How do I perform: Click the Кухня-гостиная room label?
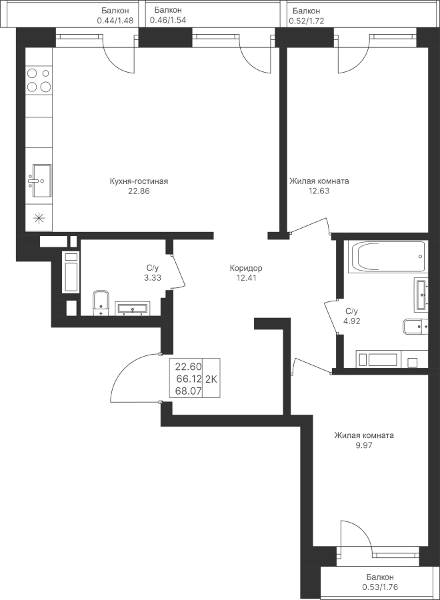[139, 181]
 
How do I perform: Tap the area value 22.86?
[139, 191]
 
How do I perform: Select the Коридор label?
[246, 268]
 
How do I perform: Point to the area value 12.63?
[319, 191]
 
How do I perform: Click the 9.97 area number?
[364, 445]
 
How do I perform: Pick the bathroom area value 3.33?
[153, 278]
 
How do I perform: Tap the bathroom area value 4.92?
[352, 321]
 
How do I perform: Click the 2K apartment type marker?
[211, 379]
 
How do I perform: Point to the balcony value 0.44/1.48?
[115, 21]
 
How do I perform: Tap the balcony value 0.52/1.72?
[306, 21]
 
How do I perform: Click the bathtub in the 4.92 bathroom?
[387, 257]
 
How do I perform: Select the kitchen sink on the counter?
[40, 180]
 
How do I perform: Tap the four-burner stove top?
[39, 80]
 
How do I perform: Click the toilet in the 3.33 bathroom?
[101, 303]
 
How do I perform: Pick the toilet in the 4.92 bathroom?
[415, 327]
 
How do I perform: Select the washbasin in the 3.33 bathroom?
[133, 309]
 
